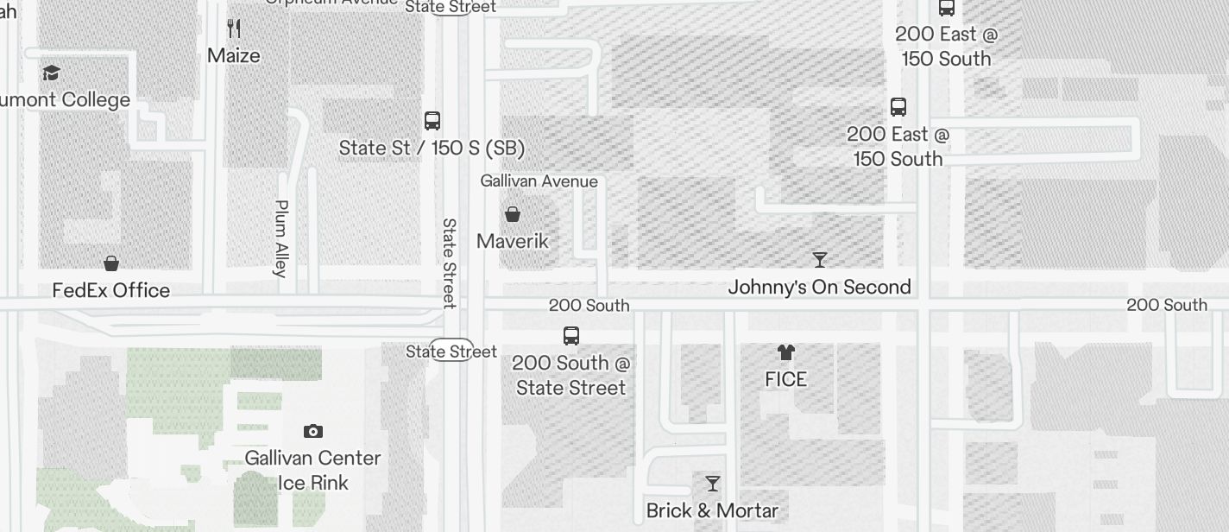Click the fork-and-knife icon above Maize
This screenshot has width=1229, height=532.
[233, 28]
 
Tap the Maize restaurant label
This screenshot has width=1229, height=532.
[233, 55]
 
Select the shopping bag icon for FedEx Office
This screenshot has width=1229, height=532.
[111, 263]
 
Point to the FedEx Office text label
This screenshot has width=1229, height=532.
[111, 290]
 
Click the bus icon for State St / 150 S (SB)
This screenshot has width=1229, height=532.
[432, 121]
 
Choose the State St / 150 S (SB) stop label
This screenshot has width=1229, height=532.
[432, 148]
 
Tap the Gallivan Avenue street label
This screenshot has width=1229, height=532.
[539, 181]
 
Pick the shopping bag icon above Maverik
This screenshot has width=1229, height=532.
[513, 214]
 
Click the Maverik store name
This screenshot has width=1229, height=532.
[513, 241]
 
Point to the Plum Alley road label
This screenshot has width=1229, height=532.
[280, 238]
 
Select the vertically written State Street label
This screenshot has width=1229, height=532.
[449, 263]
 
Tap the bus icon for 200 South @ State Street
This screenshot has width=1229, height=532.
[571, 336]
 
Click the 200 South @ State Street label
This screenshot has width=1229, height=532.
[571, 375]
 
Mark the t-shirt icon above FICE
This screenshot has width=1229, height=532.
[785, 352]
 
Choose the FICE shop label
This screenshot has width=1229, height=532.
[785, 379]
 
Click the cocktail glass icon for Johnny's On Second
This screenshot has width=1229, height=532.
[820, 259]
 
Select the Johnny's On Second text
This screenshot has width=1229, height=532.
[819, 287]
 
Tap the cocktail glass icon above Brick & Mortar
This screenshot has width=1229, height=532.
[713, 484]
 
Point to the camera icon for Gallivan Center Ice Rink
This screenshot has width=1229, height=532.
[313, 431]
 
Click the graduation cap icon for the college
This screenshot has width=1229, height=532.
[52, 73]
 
